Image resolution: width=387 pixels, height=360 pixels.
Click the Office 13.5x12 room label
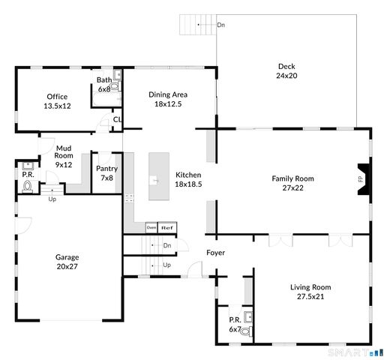(x=57, y=101)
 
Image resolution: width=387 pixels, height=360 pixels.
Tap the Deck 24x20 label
(x=286, y=70)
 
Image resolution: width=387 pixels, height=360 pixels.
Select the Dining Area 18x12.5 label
(x=168, y=99)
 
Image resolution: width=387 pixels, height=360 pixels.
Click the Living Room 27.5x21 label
(x=310, y=292)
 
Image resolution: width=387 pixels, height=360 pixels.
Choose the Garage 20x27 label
(x=67, y=262)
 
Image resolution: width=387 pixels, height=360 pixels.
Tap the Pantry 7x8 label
(x=106, y=173)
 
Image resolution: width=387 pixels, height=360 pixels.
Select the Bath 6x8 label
(x=103, y=84)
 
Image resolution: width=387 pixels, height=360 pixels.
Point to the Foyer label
(x=216, y=253)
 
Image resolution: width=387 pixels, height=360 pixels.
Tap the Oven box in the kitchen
(x=151, y=227)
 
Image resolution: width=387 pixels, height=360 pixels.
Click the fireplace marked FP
(x=361, y=178)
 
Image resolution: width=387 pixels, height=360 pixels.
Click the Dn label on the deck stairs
(x=220, y=25)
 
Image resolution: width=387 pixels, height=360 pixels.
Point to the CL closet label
(x=117, y=119)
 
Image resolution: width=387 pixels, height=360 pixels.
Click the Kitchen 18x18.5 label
(x=188, y=178)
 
